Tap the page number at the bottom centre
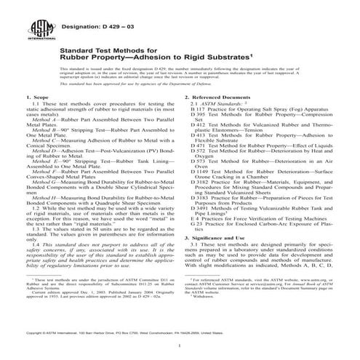(x=180, y=341)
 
